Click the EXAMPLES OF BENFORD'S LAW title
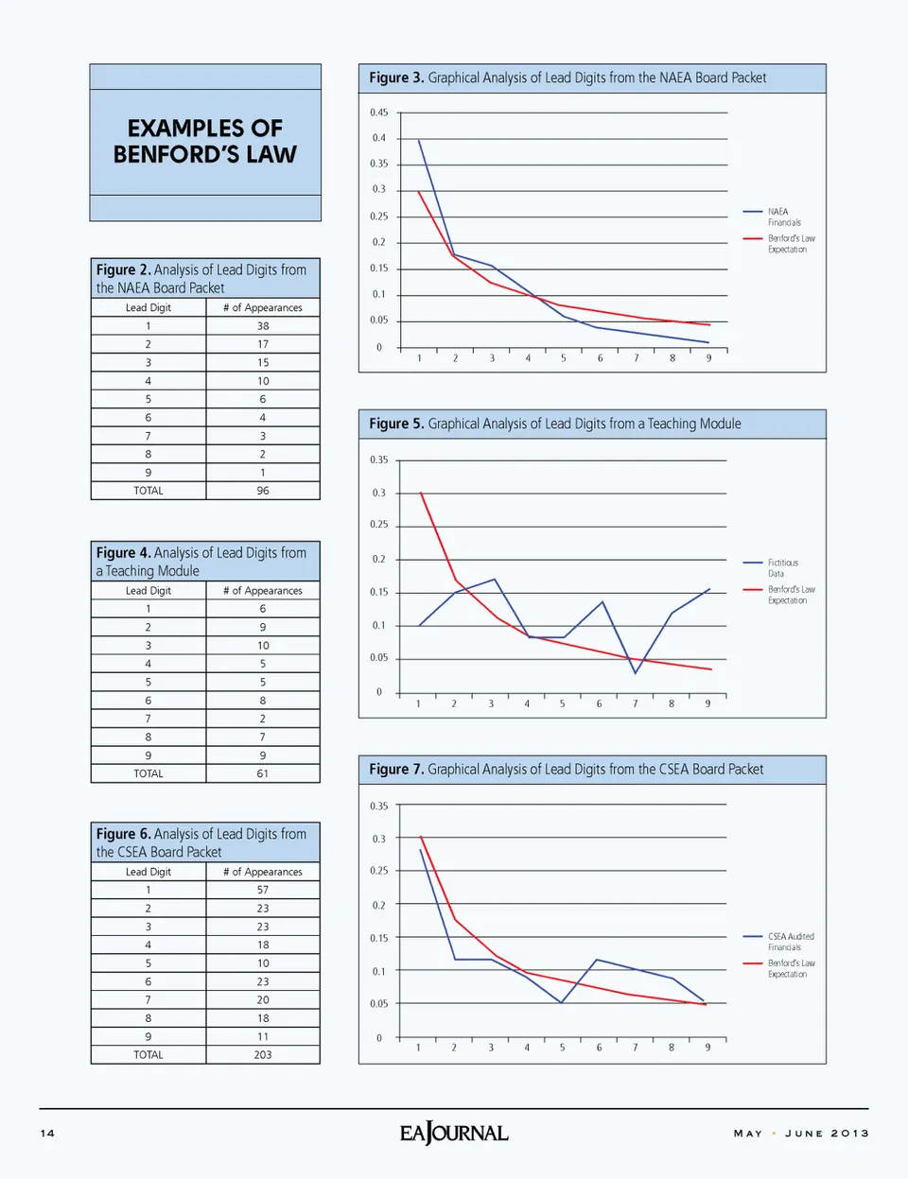point(205,142)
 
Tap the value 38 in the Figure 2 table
point(263,326)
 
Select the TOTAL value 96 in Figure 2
point(263,491)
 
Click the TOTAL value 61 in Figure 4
point(263,773)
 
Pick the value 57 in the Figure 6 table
point(263,890)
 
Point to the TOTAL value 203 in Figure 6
point(263,1055)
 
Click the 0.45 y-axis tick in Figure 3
point(378,113)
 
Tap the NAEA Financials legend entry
point(781,217)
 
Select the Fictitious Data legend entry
point(781,568)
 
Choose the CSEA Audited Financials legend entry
point(789,942)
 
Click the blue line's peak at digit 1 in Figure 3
point(419,141)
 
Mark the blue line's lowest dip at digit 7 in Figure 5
point(636,672)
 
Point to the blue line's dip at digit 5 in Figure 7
point(562,1002)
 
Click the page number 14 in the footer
point(47,1133)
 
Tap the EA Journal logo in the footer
point(454,1133)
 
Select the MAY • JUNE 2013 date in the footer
point(801,1133)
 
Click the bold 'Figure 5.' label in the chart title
point(396,424)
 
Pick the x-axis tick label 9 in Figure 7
point(707,1048)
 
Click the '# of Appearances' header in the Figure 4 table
point(263,591)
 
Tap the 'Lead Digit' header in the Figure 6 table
point(148,872)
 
